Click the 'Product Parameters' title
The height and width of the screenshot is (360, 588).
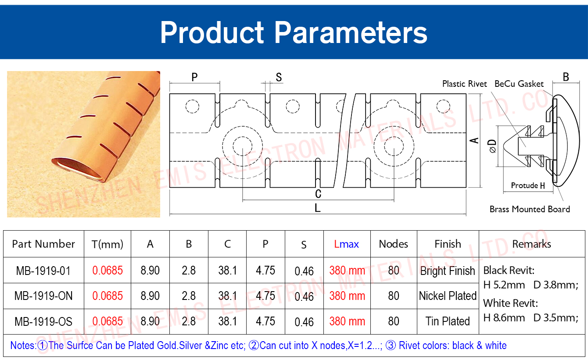coord(294,32)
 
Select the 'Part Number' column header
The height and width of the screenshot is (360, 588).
coord(43,244)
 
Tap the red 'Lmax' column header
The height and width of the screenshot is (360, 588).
coord(347,244)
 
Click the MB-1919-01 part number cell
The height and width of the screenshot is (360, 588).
coord(43,271)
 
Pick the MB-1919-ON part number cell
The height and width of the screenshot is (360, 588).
coord(43,296)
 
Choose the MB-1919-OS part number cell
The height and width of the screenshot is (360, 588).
coord(43,321)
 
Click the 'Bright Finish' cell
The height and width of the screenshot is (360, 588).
coord(448,271)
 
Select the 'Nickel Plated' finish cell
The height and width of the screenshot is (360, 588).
coord(448,296)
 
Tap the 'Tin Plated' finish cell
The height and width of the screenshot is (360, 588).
coord(448,321)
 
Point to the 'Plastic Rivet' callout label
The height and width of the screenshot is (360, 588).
coord(464,84)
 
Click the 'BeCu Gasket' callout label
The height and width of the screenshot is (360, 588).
coord(519,84)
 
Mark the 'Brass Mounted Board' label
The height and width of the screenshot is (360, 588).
coord(530,209)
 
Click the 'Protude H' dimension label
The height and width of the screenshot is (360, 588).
coord(528,185)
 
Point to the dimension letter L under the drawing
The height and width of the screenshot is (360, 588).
coord(318,208)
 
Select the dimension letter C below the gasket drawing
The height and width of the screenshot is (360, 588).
coord(318,194)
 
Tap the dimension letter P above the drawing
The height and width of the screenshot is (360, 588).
coord(194,77)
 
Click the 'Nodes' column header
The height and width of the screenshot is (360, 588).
coord(394,244)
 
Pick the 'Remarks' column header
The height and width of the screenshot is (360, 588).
coord(531,244)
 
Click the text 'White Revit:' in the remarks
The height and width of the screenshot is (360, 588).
coord(511,303)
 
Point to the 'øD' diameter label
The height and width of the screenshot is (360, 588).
coord(492,146)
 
